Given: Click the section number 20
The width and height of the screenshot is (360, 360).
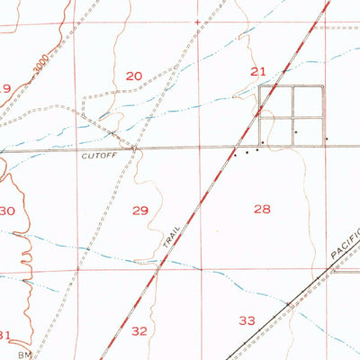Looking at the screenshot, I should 133,76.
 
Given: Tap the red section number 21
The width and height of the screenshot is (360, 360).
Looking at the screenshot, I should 258,71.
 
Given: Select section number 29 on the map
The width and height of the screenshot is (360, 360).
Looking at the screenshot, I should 139,211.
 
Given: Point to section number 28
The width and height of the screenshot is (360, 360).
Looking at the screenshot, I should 262,209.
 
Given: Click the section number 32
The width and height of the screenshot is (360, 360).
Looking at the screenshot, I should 139,331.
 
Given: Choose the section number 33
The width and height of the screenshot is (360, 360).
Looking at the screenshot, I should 247,320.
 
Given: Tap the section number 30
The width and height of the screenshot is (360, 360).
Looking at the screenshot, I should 7,211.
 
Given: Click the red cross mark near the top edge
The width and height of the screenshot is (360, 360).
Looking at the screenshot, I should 196,21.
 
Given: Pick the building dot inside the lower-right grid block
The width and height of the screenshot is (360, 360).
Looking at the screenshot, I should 296,131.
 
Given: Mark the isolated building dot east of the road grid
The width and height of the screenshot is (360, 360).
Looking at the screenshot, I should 326,139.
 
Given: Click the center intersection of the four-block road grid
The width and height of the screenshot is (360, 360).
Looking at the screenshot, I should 292,117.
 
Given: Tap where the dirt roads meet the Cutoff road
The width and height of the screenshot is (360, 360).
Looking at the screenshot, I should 134,148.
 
